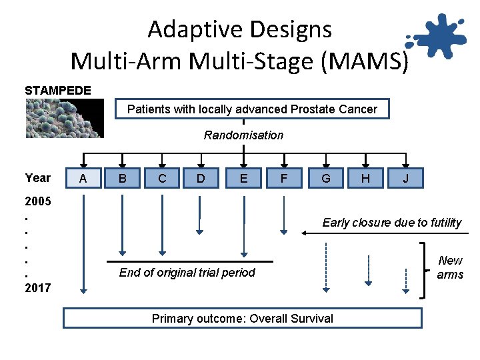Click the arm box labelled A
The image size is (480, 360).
tap(83, 179)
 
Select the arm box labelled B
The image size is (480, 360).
tap(123, 179)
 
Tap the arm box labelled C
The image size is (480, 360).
tap(162, 179)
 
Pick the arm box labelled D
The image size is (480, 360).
tap(201, 179)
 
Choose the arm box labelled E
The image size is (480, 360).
tap(244, 179)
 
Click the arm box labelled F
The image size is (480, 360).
tap(284, 179)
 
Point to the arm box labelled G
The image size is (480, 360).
tap(325, 179)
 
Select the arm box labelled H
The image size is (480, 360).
tap(365, 179)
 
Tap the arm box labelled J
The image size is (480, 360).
tap(405, 179)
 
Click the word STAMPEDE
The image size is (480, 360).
tap(58, 90)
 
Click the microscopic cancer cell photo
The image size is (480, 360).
tap(65, 118)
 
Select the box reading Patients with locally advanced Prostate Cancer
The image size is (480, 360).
tap(252, 109)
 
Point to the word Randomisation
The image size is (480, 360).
tap(243, 135)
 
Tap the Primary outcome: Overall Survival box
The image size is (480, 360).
tap(243, 318)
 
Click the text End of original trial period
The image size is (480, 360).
tap(187, 272)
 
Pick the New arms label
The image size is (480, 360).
tap(450, 267)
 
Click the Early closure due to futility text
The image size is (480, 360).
tap(391, 223)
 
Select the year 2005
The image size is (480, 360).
tap(38, 201)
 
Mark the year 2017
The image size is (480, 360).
tap(38, 288)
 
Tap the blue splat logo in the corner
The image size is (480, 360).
tap(437, 37)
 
